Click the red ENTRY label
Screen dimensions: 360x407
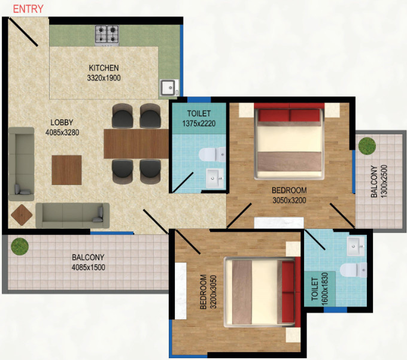28,8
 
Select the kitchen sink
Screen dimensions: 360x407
167,87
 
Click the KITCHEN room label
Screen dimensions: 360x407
104,68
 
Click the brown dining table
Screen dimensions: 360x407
136,144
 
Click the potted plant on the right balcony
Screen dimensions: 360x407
366,146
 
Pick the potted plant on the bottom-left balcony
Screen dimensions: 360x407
20,246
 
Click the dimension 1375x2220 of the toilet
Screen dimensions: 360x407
198,124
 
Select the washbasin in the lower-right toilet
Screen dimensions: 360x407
356,245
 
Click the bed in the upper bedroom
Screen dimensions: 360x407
289,141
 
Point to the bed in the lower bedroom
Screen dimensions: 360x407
260,291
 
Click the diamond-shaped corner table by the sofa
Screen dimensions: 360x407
23,214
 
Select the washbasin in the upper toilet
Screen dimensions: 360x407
214,177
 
